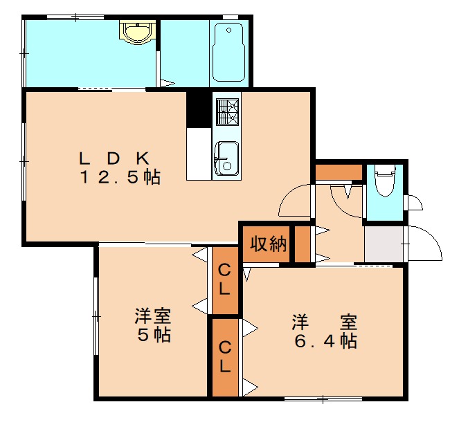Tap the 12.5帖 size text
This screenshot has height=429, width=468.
(119, 177)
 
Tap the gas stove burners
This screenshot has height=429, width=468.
(227, 111)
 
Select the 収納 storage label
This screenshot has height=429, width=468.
(268, 244)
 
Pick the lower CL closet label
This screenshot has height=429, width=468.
(224, 356)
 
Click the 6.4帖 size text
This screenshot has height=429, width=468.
(323, 341)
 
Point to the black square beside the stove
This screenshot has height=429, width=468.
(199, 109)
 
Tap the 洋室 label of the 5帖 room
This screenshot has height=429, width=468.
(153, 317)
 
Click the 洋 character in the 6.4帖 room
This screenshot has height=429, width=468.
(299, 322)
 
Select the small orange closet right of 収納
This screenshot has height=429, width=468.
(302, 244)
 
